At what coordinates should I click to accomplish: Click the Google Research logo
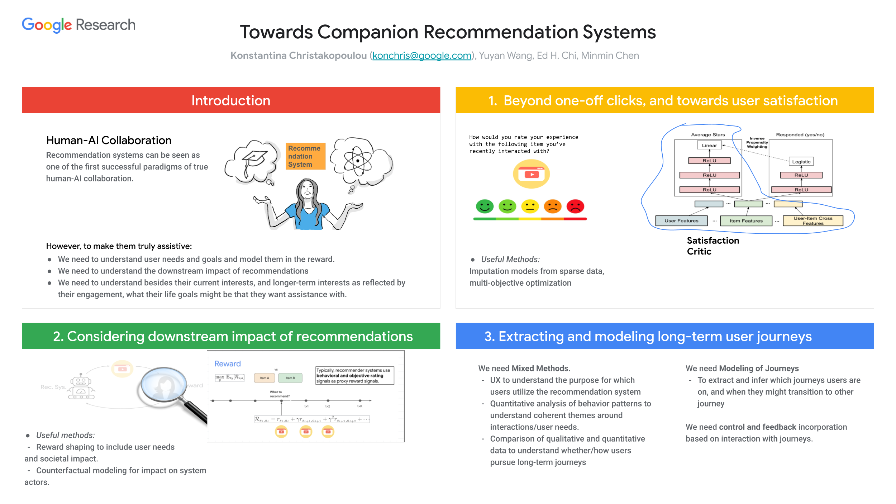pos(78,25)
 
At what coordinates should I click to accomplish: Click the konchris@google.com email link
pos(421,56)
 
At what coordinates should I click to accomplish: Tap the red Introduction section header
pos(231,100)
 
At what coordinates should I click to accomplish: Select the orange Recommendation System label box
pos(305,156)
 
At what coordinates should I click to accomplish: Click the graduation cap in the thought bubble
pos(254,158)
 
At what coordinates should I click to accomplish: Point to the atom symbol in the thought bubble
pos(357,161)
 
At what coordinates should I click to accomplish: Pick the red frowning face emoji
pos(575,206)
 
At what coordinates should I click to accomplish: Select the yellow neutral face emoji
pos(530,206)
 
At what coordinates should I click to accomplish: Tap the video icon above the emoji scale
pos(532,174)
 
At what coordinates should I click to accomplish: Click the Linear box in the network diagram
pos(709,146)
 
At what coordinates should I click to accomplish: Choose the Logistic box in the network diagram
pos(801,162)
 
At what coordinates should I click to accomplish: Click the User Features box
pos(681,221)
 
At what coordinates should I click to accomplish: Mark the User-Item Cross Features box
pos(813,221)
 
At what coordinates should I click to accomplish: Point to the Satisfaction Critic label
pos(712,246)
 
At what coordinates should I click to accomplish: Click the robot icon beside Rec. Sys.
pos(81,387)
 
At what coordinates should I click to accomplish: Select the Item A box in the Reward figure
pos(264,378)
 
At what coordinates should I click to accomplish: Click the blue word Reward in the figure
pos(228,364)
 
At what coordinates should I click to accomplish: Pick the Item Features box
pos(746,221)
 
